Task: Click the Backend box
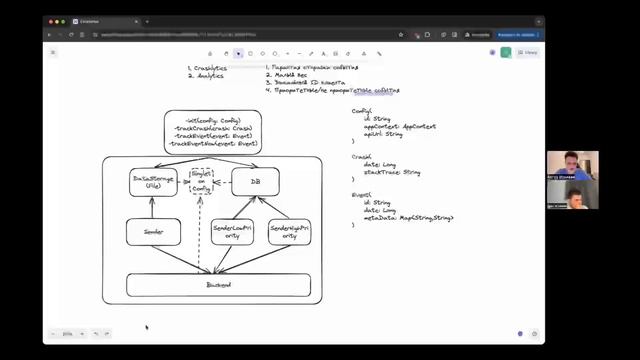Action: click(217, 285)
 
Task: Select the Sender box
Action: click(153, 232)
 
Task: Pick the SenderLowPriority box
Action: click(232, 232)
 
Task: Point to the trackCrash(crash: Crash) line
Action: click(213, 128)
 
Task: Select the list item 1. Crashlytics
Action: click(207, 68)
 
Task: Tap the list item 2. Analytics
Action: click(206, 76)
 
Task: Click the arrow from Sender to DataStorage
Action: click(153, 207)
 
